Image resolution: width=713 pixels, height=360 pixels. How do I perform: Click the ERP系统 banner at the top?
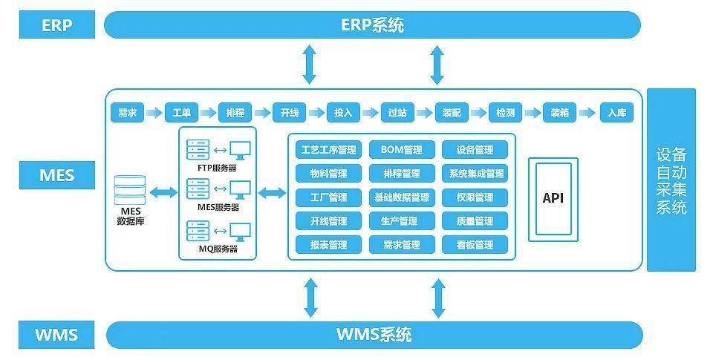point(372,24)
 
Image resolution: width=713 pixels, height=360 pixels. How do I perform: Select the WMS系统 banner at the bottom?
point(374,334)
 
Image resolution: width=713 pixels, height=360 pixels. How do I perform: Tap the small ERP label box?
point(56,24)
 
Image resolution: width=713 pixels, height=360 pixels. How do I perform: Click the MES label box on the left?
point(56,176)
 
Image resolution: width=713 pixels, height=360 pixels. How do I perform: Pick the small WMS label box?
point(56,334)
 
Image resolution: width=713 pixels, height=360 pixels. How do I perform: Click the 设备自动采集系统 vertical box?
point(671,180)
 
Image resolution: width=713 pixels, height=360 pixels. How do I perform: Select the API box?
point(553,198)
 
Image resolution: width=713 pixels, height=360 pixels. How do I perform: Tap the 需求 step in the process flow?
point(127,113)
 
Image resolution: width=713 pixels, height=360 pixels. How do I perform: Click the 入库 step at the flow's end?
point(616,113)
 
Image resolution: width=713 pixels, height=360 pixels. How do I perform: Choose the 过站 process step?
point(397,113)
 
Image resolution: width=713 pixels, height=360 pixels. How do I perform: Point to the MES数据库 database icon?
point(131,191)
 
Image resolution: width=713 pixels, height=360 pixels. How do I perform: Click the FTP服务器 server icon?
point(198,150)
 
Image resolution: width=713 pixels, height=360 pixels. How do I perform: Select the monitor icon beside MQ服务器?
point(241,231)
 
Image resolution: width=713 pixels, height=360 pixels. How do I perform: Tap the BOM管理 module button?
point(401,150)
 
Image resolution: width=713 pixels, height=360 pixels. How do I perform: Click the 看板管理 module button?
point(475,244)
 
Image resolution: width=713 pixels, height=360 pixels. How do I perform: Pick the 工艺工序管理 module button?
point(328,150)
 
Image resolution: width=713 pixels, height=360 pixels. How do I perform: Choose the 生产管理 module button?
point(401,220)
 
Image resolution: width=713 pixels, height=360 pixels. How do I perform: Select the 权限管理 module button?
point(475,197)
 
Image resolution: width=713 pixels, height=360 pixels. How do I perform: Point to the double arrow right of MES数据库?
point(161,193)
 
